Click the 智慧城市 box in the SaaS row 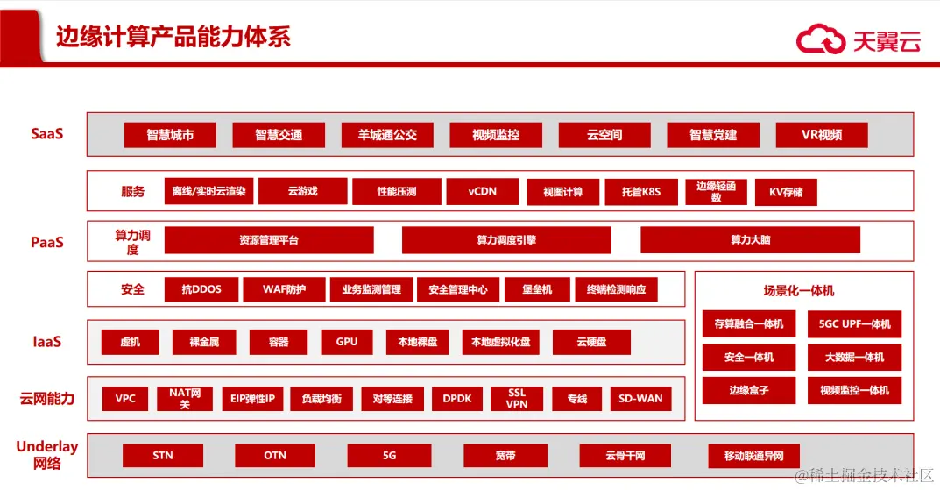click(x=170, y=135)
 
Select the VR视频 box click(x=821, y=135)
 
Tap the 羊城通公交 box click(x=387, y=135)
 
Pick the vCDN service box click(x=482, y=191)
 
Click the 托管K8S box click(x=640, y=192)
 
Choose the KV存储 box click(x=786, y=192)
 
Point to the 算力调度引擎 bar click(x=506, y=240)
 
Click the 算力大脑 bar click(x=750, y=240)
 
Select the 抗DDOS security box click(x=201, y=289)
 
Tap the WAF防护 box click(x=284, y=289)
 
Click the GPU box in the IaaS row click(x=347, y=342)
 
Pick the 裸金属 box click(x=204, y=342)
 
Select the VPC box click(x=125, y=399)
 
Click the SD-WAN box click(x=640, y=399)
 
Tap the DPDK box click(x=457, y=399)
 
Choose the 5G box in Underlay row click(x=390, y=456)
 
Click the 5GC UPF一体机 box click(x=854, y=324)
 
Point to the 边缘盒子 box click(x=749, y=390)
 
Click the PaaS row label click(x=47, y=242)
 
